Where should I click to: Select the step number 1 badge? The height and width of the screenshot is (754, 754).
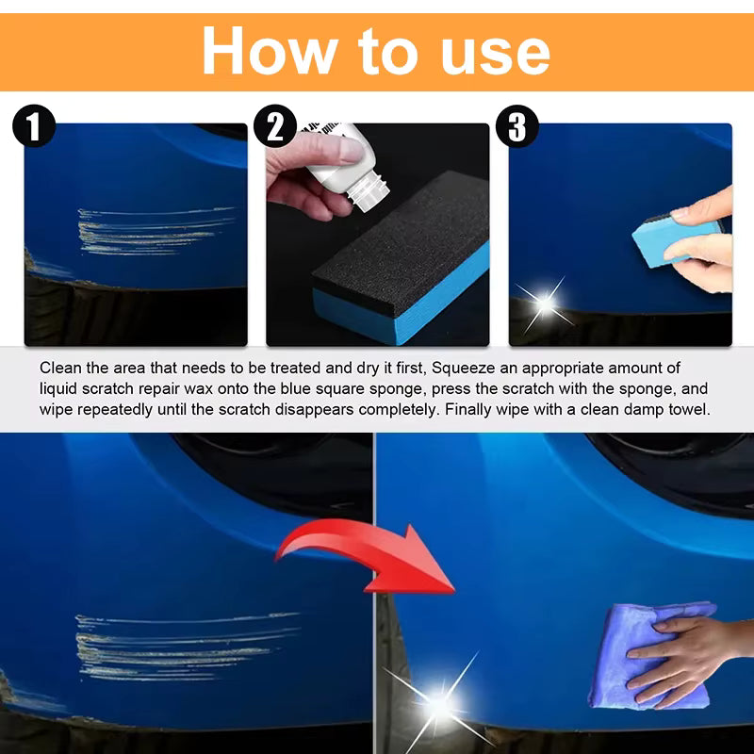(x=34, y=126)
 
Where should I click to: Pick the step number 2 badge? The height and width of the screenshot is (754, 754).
(x=274, y=126)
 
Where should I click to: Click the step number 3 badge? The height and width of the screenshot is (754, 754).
(x=516, y=126)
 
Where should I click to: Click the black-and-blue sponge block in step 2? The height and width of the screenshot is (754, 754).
(x=405, y=259)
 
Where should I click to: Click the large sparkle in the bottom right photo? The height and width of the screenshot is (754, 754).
(x=438, y=702)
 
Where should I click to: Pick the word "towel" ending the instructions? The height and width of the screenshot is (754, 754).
(x=689, y=410)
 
